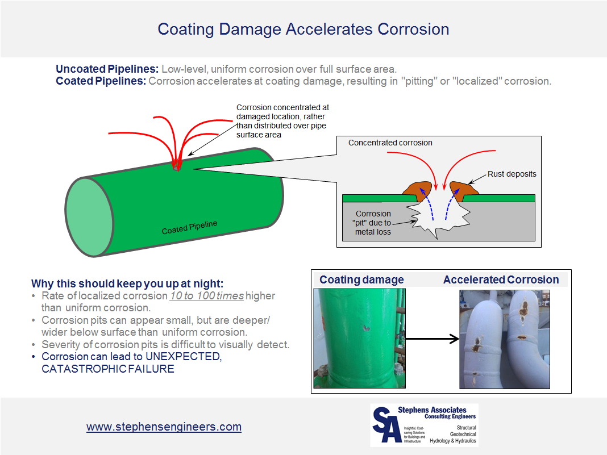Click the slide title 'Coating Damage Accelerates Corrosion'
(303, 30)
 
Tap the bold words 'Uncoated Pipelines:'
(107, 69)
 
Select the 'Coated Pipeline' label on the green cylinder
(189, 227)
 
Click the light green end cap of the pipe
(89, 217)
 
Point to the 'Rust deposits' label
(512, 174)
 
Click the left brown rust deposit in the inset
(417, 191)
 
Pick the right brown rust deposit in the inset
(464, 191)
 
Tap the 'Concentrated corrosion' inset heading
(390, 143)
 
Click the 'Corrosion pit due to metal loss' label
(373, 223)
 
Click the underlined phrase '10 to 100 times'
(207, 296)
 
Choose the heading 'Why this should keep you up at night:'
(127, 283)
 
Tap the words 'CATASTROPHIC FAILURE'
(108, 369)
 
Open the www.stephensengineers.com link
(164, 427)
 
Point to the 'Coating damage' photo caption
(361, 279)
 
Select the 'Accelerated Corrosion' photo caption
(501, 279)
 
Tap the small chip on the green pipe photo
(366, 328)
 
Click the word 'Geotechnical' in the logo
(463, 434)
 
